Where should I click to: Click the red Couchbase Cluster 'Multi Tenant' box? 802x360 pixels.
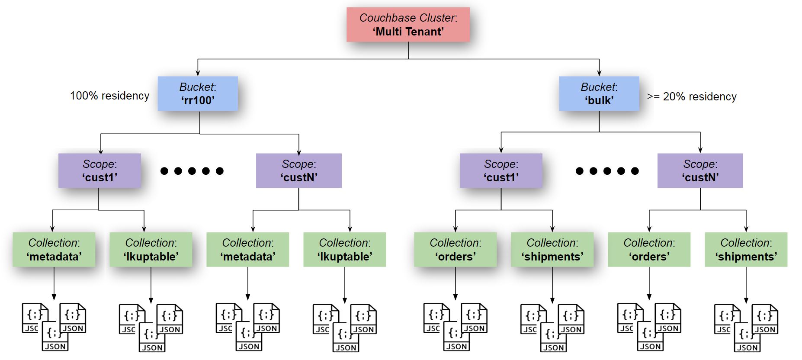tap(408, 25)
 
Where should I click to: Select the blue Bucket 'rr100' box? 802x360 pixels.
tap(198, 93)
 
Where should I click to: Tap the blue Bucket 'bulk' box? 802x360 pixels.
tap(599, 93)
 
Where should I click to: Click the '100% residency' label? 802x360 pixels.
tap(109, 96)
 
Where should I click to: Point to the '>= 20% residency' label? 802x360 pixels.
tap(691, 96)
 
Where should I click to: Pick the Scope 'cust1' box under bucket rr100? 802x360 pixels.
tap(99, 170)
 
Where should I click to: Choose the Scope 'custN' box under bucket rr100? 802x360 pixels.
tap(298, 170)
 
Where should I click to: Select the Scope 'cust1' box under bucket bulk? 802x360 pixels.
tap(500, 170)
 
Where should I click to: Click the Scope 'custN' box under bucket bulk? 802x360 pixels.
tap(700, 170)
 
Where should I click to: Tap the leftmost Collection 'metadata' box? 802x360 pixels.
tap(54, 250)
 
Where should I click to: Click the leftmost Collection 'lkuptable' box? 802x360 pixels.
tap(151, 250)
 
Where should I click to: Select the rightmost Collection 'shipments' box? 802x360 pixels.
tap(746, 250)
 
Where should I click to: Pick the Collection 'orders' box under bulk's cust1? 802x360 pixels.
tap(455, 250)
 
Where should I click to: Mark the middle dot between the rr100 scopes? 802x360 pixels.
tap(192, 171)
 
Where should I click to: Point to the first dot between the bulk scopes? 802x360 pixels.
tap(580, 171)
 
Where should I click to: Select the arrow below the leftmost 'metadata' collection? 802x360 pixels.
tap(54, 284)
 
